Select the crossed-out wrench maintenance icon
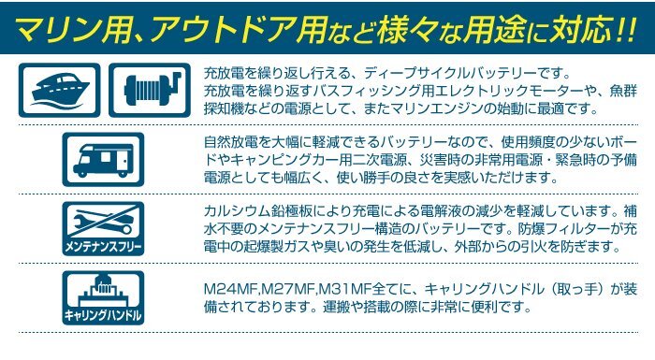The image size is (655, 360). point(103,222)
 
